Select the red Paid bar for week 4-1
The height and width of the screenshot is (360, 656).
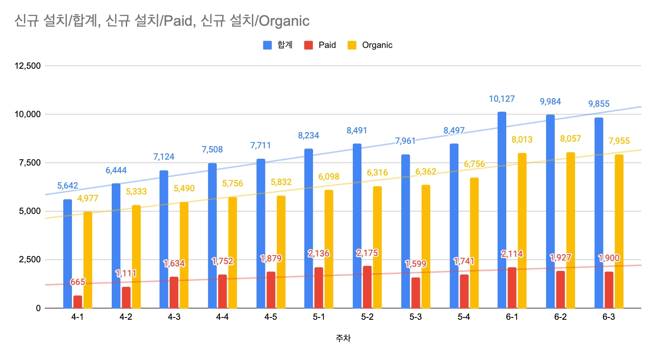(x=77, y=302)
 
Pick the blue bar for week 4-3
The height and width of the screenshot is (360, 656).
(x=164, y=239)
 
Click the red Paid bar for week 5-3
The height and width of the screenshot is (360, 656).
(x=415, y=293)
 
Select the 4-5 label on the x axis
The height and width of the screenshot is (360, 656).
(x=271, y=317)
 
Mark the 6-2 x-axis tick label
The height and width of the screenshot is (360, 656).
(x=560, y=317)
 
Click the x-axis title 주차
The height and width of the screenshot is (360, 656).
(x=343, y=338)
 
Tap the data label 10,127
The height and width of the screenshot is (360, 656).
(x=502, y=99)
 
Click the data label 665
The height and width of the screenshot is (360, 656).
(x=77, y=283)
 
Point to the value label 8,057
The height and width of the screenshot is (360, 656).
(x=570, y=139)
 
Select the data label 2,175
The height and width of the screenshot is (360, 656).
(x=367, y=252)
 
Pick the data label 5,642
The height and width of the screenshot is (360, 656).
(x=67, y=186)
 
